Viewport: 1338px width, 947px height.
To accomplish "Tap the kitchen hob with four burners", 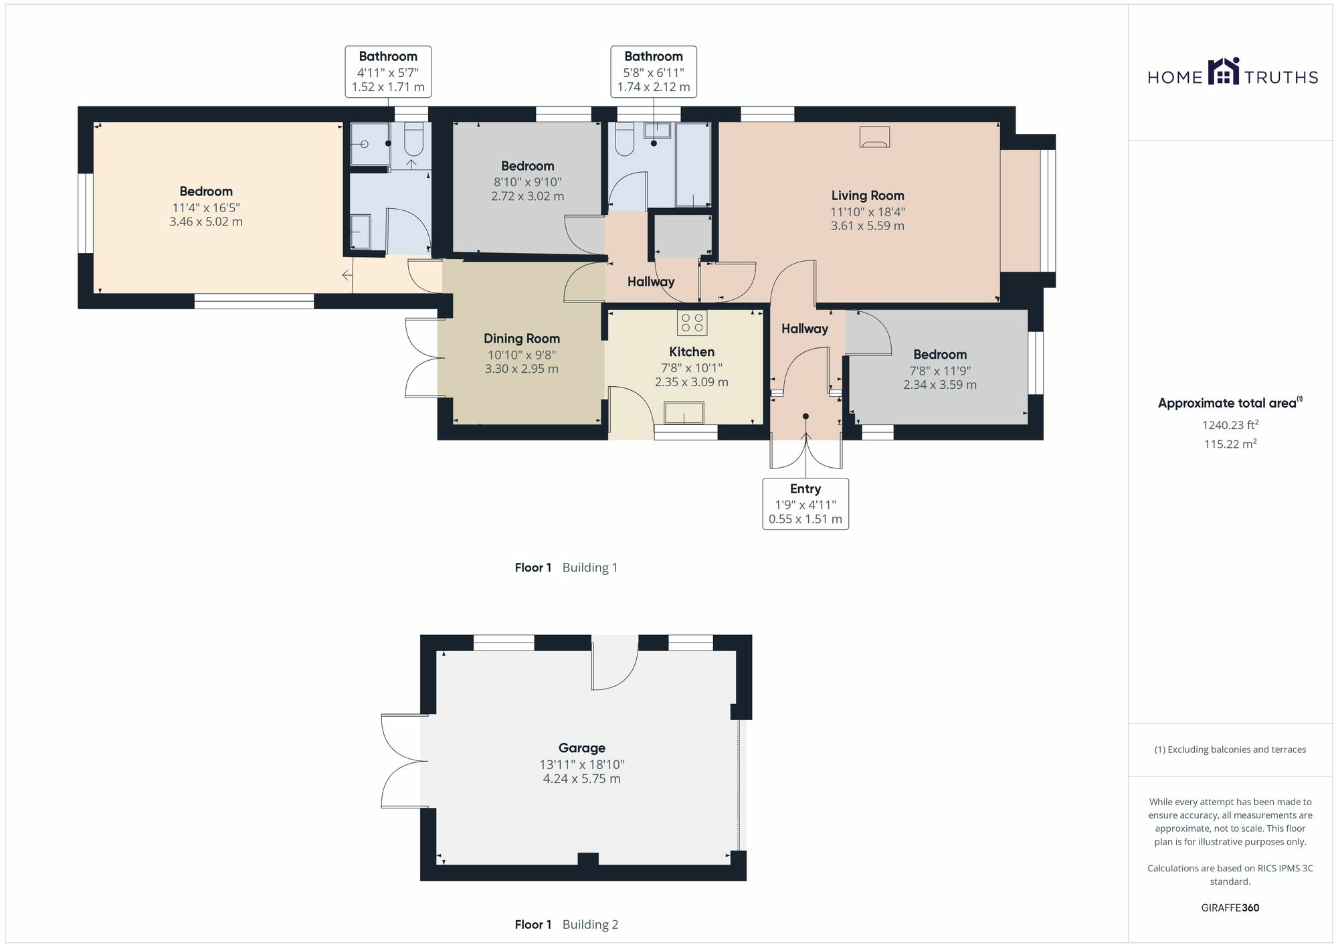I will [692, 323].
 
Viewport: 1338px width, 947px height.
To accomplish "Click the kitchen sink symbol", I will [684, 412].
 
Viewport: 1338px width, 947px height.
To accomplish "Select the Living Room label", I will [867, 195].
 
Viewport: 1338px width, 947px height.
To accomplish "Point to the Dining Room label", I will [521, 339].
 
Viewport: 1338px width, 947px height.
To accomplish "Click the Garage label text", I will [581, 748].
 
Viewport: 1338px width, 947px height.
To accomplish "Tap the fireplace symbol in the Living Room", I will [874, 137].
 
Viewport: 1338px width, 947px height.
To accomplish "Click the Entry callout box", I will [805, 503].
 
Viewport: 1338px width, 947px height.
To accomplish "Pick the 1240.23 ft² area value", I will [1230, 425].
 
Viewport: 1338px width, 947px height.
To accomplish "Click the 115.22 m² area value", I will [1230, 444].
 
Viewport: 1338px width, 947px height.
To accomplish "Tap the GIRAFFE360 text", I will [1230, 908].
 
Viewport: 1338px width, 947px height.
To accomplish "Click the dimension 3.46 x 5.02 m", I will [205, 222].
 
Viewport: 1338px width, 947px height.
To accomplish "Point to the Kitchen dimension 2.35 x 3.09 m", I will [691, 382].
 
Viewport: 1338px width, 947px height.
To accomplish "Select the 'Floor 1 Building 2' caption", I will [566, 924].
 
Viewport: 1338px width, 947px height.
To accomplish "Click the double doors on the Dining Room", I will [423, 358].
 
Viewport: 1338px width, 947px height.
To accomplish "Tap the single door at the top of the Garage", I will [614, 665].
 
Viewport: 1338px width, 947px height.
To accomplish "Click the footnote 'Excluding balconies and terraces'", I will [1230, 750].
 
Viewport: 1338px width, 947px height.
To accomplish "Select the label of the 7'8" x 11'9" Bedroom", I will [939, 355].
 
